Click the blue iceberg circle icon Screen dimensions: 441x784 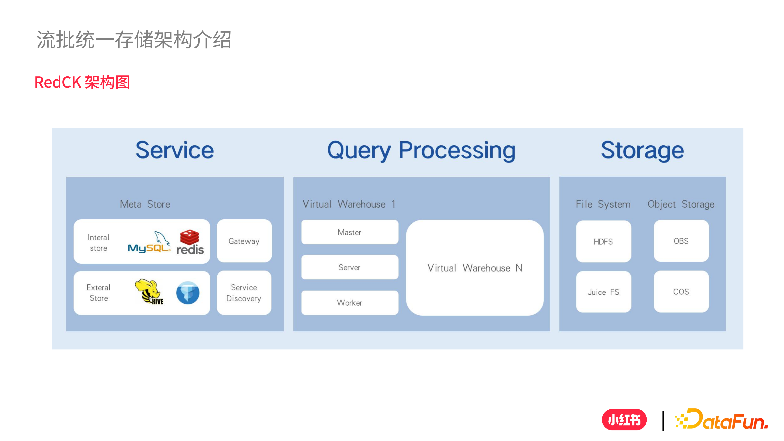pos(188,293)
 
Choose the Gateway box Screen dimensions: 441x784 pos(244,241)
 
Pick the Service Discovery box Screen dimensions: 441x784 pos(244,293)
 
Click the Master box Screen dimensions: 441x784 pos(349,232)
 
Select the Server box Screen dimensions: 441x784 pos(349,267)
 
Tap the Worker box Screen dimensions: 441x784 pos(349,302)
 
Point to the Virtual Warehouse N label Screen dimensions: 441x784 pos(475,268)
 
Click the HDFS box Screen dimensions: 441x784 pos(603,241)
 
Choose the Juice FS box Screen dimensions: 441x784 pos(603,292)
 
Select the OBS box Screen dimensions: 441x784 pos(681,241)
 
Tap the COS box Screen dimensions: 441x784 pos(681,292)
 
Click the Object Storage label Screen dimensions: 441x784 pos(681,204)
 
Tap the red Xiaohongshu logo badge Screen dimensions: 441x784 pos(624,420)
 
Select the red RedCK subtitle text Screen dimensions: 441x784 pos(82,82)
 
